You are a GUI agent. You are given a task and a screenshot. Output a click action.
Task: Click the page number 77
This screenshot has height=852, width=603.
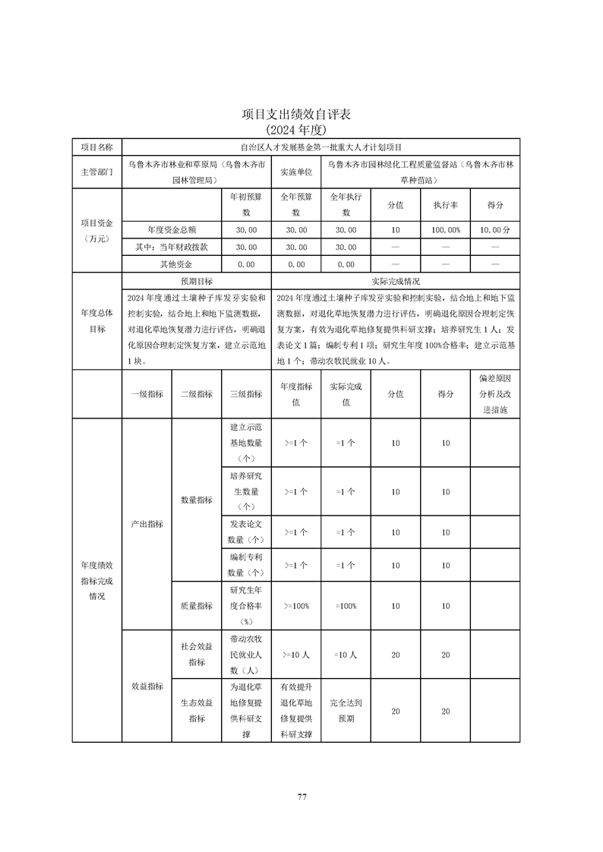click(301, 797)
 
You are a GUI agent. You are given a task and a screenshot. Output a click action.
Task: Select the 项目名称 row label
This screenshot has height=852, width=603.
click(96, 147)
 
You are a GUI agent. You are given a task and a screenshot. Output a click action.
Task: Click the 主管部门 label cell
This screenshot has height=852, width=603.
click(96, 172)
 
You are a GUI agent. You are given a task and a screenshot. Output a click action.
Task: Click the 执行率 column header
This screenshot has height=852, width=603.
click(445, 205)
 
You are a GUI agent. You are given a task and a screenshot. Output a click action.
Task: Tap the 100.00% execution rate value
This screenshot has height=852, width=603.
click(445, 229)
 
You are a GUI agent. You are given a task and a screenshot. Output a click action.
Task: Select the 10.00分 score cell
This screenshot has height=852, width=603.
click(495, 229)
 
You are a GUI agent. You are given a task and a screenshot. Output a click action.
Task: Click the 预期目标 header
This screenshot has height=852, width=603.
click(196, 281)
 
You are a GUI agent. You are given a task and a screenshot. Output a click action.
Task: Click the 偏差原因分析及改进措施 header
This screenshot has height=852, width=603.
click(495, 393)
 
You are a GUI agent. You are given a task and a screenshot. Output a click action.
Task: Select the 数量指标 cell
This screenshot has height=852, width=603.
click(196, 500)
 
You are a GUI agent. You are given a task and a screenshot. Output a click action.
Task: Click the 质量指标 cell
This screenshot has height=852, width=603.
click(196, 606)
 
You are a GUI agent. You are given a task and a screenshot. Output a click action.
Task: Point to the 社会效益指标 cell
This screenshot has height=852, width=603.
click(196, 654)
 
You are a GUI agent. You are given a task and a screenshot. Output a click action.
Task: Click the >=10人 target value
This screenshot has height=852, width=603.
click(296, 654)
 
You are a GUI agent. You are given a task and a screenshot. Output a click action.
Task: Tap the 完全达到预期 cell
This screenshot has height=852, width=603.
click(346, 711)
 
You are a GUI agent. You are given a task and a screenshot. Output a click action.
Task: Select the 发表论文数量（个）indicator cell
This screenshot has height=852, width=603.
click(246, 532)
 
